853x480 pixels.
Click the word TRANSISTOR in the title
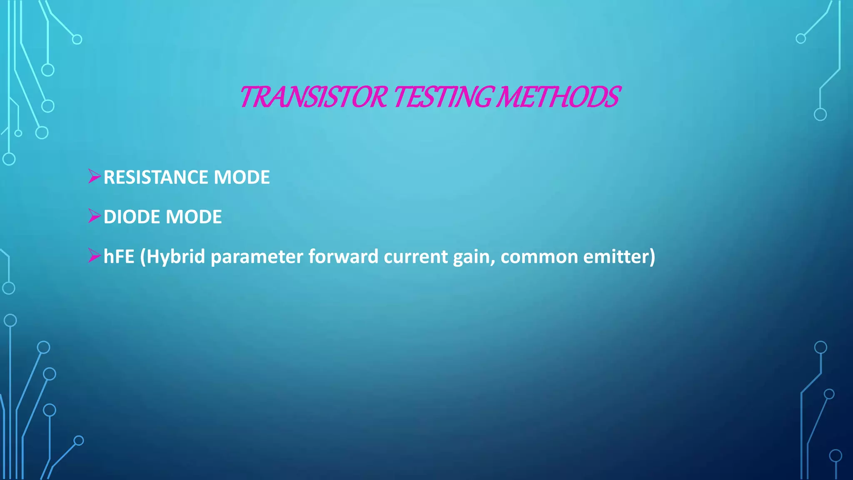(x=314, y=97)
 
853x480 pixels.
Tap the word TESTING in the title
(x=443, y=97)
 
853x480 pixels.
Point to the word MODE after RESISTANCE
(x=242, y=177)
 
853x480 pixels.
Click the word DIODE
(x=132, y=217)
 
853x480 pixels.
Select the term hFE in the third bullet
(x=119, y=257)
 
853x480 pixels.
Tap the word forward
(x=343, y=257)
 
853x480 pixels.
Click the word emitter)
(x=619, y=257)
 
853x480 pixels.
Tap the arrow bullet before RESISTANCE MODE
(x=95, y=177)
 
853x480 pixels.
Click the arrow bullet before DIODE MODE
(x=95, y=216)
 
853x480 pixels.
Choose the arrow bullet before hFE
(x=95, y=255)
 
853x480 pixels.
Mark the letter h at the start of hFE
(x=108, y=257)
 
